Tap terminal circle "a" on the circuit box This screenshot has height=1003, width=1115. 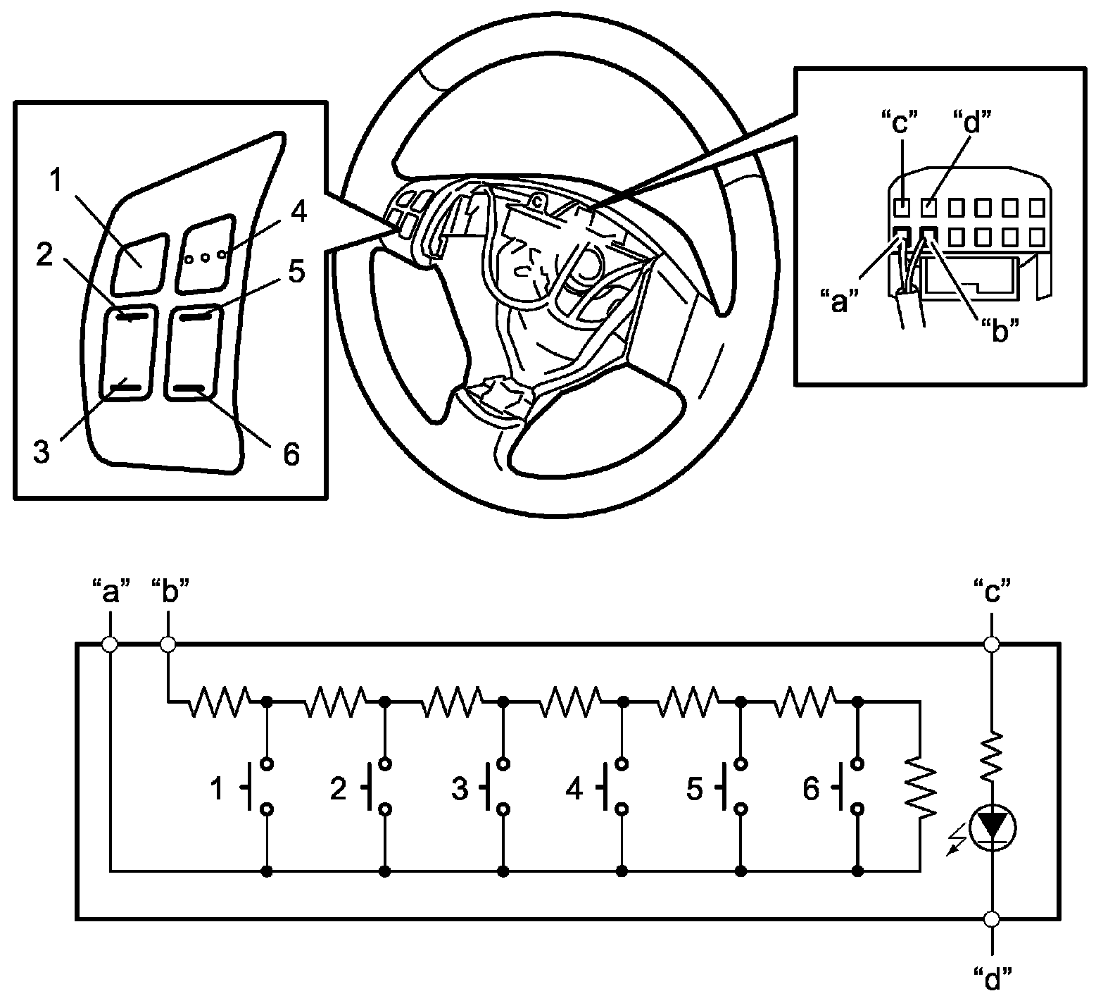pos(110,644)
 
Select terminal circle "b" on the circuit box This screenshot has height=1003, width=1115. pos(168,644)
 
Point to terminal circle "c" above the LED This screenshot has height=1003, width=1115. pos(991,644)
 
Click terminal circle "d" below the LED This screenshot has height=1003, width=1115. pos(991,918)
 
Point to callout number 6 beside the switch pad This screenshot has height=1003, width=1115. pos(291,454)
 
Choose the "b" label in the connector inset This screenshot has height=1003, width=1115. pos(1000,330)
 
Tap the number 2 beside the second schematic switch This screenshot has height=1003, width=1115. pos(339,790)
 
